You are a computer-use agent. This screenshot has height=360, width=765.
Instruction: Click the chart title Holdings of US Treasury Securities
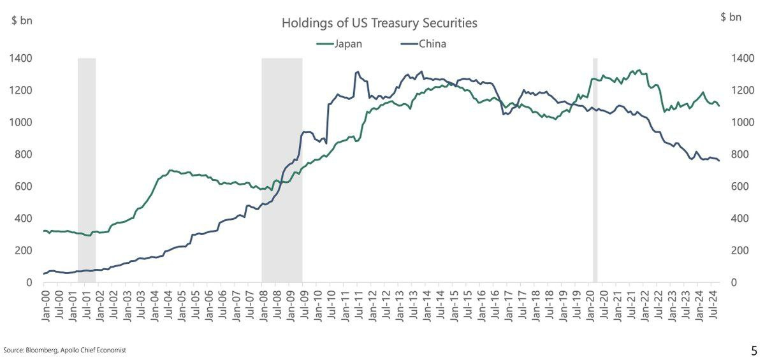(379, 24)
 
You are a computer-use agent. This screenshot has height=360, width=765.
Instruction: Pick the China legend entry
(432, 44)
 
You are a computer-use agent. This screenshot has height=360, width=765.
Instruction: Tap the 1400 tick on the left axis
(21, 59)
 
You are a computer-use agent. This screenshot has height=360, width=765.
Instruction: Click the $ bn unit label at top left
(22, 19)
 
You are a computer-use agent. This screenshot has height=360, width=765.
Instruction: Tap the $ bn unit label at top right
(731, 17)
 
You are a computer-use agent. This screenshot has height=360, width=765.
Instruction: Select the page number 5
(754, 350)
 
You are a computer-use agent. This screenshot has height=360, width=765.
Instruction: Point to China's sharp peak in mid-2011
(357, 72)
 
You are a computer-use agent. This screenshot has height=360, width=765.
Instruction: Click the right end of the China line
(719, 161)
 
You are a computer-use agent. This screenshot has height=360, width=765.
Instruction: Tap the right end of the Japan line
(719, 106)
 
